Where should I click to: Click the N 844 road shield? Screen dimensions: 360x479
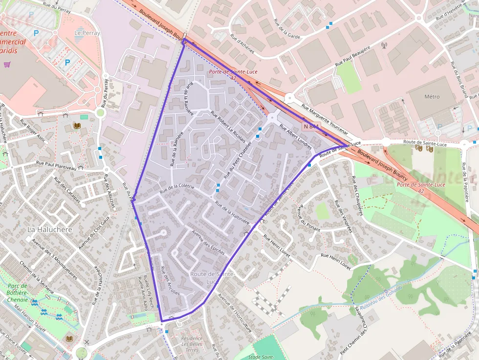[x=311, y=127]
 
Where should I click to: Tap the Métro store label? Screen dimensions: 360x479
[x=432, y=97]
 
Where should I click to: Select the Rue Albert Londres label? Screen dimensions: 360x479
[x=295, y=136]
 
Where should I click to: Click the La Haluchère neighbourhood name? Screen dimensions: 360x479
[x=49, y=229]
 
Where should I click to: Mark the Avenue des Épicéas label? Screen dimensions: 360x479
[x=208, y=242]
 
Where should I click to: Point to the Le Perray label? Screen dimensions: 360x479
[x=87, y=33]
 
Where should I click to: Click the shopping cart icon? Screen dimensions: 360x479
[x=7, y=64]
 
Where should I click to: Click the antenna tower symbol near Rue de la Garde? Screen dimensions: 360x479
[x=384, y=46]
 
